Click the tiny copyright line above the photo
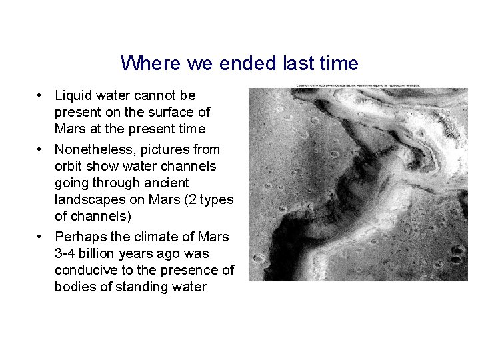[358, 85]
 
